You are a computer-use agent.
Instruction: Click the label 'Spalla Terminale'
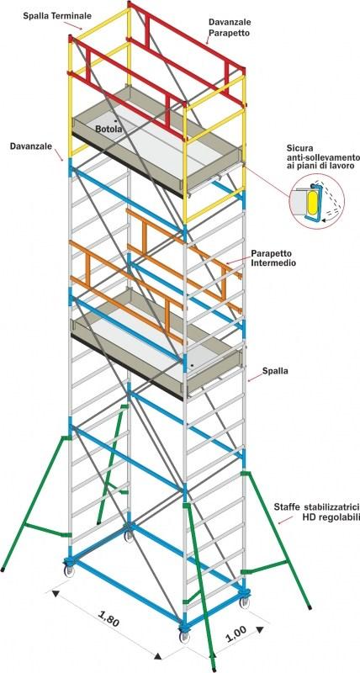coord(57,16)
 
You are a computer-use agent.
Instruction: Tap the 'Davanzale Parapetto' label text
coord(230,26)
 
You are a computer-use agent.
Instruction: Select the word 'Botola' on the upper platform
coord(109,129)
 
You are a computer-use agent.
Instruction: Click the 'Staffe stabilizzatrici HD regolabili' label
coord(316,512)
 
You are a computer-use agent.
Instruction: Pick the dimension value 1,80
coord(109,622)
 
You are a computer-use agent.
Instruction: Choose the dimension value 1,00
coord(235,633)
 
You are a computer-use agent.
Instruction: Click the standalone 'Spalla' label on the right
coord(277,371)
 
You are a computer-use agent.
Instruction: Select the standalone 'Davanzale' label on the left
coord(31,146)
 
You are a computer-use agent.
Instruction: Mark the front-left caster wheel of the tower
coord(69,570)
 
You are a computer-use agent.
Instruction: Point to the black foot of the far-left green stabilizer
coord(3,570)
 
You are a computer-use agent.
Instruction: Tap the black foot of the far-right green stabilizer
coord(310,607)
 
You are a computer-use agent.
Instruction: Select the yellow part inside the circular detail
coord(311,200)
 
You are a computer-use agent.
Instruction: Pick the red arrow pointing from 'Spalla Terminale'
coord(75,25)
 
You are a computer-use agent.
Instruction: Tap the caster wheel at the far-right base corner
coord(244,601)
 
